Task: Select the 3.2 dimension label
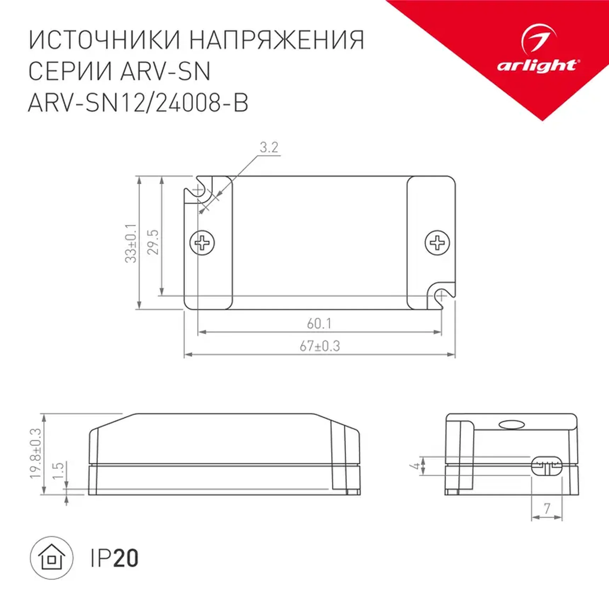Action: pyautogui.click(x=269, y=147)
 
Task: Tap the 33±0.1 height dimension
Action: pyautogui.click(x=131, y=243)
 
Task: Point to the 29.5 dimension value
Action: pyautogui.click(x=153, y=242)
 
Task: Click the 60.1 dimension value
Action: pyautogui.click(x=319, y=324)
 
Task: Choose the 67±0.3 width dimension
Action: pyautogui.click(x=320, y=346)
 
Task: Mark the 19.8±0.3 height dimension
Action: pyautogui.click(x=36, y=454)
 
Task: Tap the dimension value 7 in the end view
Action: pyautogui.click(x=547, y=509)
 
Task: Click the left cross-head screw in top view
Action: pyautogui.click(x=202, y=243)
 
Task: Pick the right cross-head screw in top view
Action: pyautogui.click(x=437, y=243)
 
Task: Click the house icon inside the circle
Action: pyautogui.click(x=52, y=558)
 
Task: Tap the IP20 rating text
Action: pyautogui.click(x=114, y=558)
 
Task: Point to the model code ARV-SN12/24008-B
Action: pyautogui.click(x=138, y=103)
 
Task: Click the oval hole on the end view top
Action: pyautogui.click(x=511, y=425)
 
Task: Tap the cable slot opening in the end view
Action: pyautogui.click(x=547, y=466)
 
